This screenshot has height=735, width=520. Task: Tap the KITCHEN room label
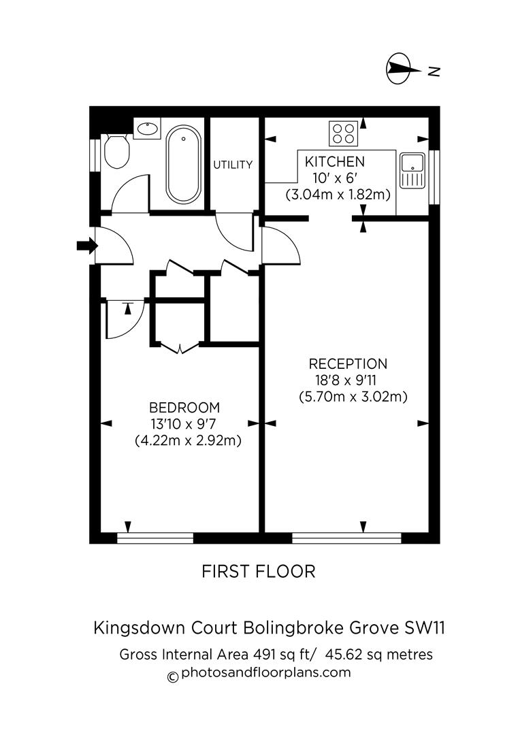point(334,162)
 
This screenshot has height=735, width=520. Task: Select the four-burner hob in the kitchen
point(344,133)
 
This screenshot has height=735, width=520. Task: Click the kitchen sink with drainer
point(412,170)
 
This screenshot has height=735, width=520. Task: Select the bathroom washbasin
point(147,128)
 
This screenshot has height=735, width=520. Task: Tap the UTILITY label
point(233,165)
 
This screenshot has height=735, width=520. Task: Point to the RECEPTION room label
point(348,364)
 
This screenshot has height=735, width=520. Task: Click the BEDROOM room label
point(184,408)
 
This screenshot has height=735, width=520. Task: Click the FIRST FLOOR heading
point(259,572)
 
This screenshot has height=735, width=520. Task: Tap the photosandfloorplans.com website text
point(266,673)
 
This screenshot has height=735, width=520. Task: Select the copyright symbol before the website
point(173,676)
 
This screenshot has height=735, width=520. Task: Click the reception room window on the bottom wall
point(347,538)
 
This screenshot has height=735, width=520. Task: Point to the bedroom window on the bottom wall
point(155,538)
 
